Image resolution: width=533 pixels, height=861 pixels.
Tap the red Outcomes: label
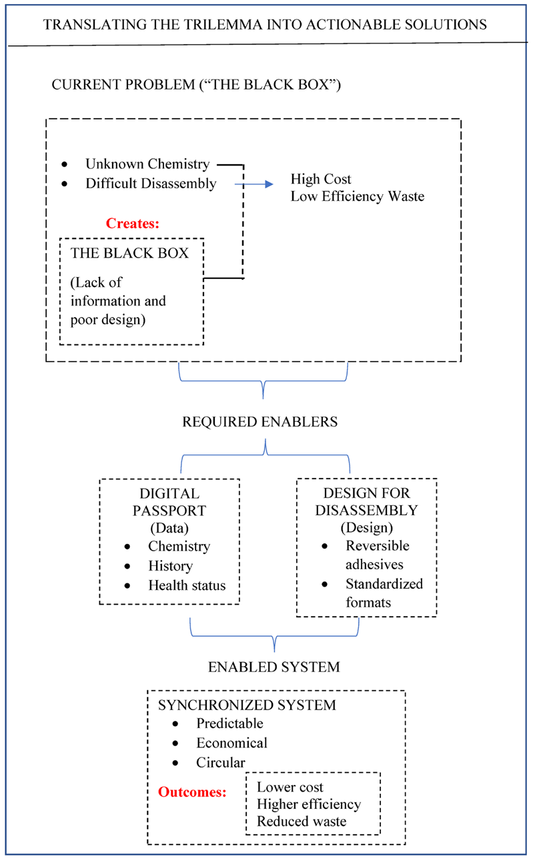pyautogui.click(x=192, y=792)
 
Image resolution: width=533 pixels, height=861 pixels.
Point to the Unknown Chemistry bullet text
pyautogui.click(x=147, y=164)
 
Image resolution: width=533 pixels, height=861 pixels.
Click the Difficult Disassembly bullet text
pyautogui.click(x=151, y=184)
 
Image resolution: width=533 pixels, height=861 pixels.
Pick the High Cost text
pyautogui.click(x=321, y=179)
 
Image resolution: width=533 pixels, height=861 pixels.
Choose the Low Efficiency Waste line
pyautogui.click(x=358, y=197)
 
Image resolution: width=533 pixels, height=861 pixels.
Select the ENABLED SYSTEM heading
pyautogui.click(x=274, y=667)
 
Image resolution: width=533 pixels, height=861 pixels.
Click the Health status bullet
pyautogui.click(x=187, y=585)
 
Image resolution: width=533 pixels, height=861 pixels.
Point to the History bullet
pyautogui.click(x=170, y=566)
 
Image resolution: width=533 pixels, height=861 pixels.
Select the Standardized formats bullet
pyautogui.click(x=384, y=593)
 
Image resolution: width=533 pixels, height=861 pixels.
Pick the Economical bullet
pyautogui.click(x=231, y=742)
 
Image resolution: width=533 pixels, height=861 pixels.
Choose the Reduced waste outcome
pyautogui.click(x=302, y=821)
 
